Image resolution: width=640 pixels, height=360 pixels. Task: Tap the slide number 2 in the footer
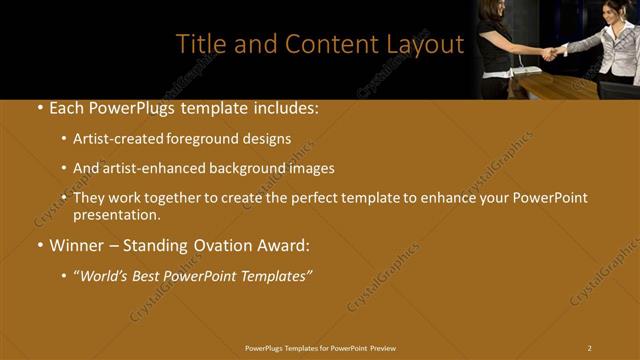(589, 347)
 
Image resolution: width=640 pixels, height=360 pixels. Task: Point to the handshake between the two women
(549, 52)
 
